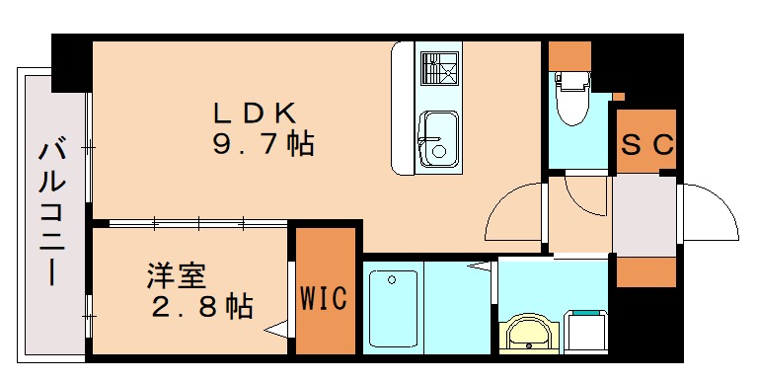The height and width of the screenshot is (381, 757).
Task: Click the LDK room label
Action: (255, 111)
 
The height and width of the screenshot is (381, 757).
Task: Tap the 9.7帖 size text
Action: (263, 145)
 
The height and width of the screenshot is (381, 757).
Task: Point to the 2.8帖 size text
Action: (201, 306)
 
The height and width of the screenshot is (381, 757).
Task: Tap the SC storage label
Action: (647, 144)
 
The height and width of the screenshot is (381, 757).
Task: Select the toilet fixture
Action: (572, 99)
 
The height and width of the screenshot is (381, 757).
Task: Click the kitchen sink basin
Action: (436, 139)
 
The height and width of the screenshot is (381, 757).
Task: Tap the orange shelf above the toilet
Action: (569, 55)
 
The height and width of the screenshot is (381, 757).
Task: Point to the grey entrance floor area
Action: (643, 213)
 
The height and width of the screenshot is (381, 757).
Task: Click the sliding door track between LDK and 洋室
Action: (197, 223)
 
